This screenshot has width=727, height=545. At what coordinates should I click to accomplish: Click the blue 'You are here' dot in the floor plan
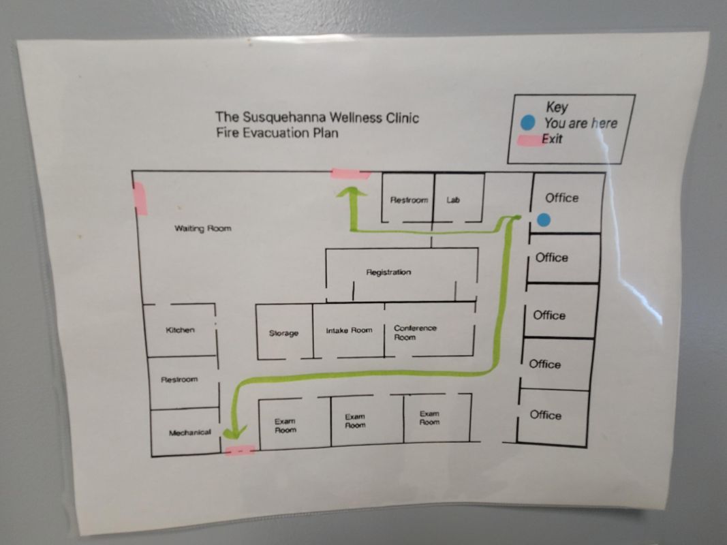click(544, 219)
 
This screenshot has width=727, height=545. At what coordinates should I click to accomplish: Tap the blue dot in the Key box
click(527, 123)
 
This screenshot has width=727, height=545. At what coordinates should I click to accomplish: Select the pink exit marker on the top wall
click(350, 174)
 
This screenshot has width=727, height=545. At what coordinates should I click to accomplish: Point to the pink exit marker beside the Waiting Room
click(140, 198)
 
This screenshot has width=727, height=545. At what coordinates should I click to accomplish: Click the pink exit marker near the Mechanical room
click(240, 450)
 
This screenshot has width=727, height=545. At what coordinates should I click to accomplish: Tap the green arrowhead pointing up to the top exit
click(352, 192)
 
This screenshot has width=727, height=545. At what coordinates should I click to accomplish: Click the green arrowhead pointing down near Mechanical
click(234, 433)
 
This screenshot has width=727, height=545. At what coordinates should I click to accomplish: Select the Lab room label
click(453, 200)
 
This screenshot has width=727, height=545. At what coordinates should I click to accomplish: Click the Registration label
click(388, 272)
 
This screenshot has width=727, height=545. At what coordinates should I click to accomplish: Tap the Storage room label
click(283, 332)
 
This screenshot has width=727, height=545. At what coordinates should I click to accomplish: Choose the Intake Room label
click(349, 330)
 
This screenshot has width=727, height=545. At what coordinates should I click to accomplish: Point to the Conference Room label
click(415, 332)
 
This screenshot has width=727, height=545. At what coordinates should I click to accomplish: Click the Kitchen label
click(181, 330)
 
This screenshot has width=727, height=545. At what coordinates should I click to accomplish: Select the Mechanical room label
click(190, 433)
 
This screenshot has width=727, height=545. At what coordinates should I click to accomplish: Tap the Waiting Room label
click(202, 228)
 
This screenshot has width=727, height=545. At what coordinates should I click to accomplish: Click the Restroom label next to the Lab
click(409, 200)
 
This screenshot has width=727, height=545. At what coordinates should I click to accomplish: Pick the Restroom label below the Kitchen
click(179, 379)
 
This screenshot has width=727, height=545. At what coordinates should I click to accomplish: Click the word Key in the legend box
click(557, 107)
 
